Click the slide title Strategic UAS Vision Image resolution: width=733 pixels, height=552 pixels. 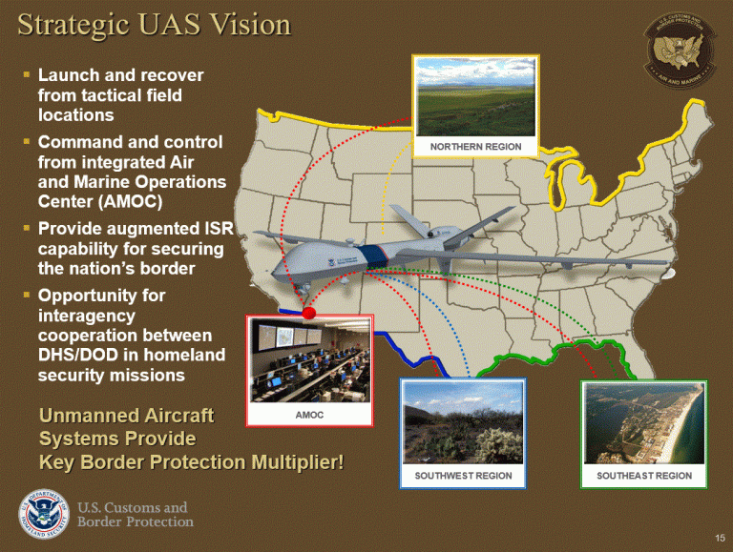153,25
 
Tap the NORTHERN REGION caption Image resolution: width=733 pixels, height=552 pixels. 475,146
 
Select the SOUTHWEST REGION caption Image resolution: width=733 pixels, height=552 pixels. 463,475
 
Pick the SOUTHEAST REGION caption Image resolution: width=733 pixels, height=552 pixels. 644,475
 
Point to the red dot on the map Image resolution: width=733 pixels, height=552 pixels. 308,313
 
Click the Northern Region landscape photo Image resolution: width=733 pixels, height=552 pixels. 475,95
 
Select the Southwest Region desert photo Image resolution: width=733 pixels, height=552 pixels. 463,422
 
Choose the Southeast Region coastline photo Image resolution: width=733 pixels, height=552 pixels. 644,422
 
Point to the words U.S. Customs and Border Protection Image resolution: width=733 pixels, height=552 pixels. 135,514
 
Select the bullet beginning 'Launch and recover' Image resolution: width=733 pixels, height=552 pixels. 119,94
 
